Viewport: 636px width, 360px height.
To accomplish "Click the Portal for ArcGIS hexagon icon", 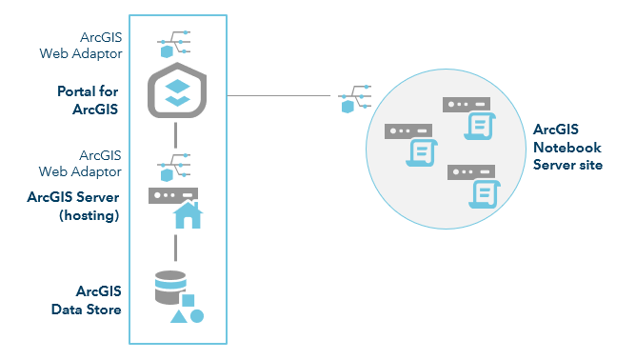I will pyautogui.click(x=177, y=93).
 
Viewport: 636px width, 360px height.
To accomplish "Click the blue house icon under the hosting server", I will pyautogui.click(x=188, y=217).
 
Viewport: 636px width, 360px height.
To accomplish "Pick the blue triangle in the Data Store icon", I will pyautogui.click(x=178, y=315).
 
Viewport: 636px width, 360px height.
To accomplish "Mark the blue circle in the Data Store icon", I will pyautogui.click(x=197, y=315).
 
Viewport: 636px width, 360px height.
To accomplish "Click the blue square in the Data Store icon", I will pyautogui.click(x=189, y=301).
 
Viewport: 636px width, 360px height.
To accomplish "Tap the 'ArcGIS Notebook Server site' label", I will pyautogui.click(x=569, y=148).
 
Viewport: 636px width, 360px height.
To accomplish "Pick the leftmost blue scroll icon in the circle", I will pyautogui.click(x=419, y=153).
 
